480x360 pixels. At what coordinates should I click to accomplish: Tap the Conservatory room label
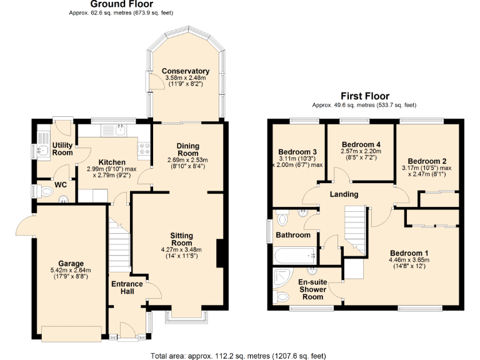pyautogui.click(x=185, y=71)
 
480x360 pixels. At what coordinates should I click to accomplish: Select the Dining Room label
pyautogui.click(x=187, y=149)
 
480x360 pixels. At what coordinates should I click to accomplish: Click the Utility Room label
pyautogui.click(x=62, y=149)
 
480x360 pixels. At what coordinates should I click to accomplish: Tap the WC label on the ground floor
pyautogui.click(x=60, y=186)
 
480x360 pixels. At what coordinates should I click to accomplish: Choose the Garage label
pyautogui.click(x=71, y=263)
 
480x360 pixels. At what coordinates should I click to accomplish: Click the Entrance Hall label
pyautogui.click(x=127, y=289)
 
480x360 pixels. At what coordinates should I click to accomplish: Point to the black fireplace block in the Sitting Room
pyautogui.click(x=220, y=253)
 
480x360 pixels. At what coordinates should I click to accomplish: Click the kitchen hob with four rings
pyautogui.click(x=143, y=149)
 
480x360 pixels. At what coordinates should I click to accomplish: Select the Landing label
pyautogui.click(x=344, y=194)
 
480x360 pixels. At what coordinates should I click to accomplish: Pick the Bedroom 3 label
pyautogui.click(x=297, y=152)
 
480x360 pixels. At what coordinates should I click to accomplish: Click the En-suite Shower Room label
pyautogui.click(x=312, y=289)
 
